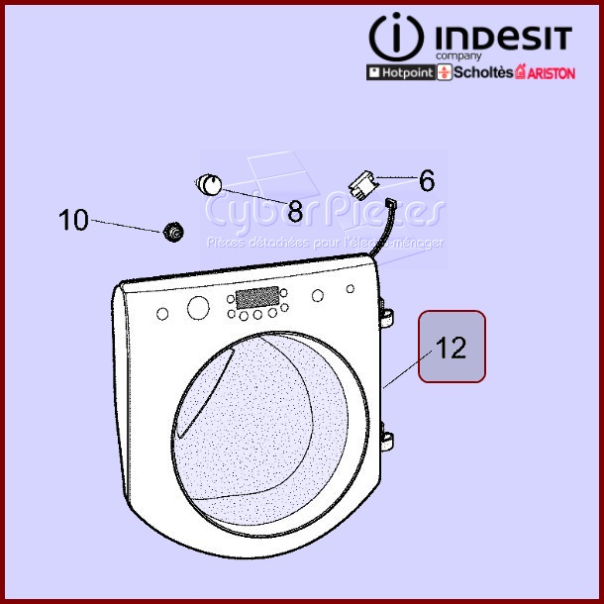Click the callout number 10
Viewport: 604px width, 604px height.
coord(73,220)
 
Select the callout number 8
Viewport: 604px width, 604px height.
coord(295,211)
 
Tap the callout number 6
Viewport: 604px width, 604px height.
coord(427,181)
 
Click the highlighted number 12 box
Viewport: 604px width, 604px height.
coord(452,348)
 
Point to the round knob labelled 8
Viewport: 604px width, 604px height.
coord(210,183)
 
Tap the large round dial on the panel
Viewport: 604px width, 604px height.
coord(198,308)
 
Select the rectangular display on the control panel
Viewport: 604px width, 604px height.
coord(255,297)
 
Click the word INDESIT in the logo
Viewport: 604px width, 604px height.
coord(501,39)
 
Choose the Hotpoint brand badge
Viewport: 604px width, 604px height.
coord(400,73)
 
